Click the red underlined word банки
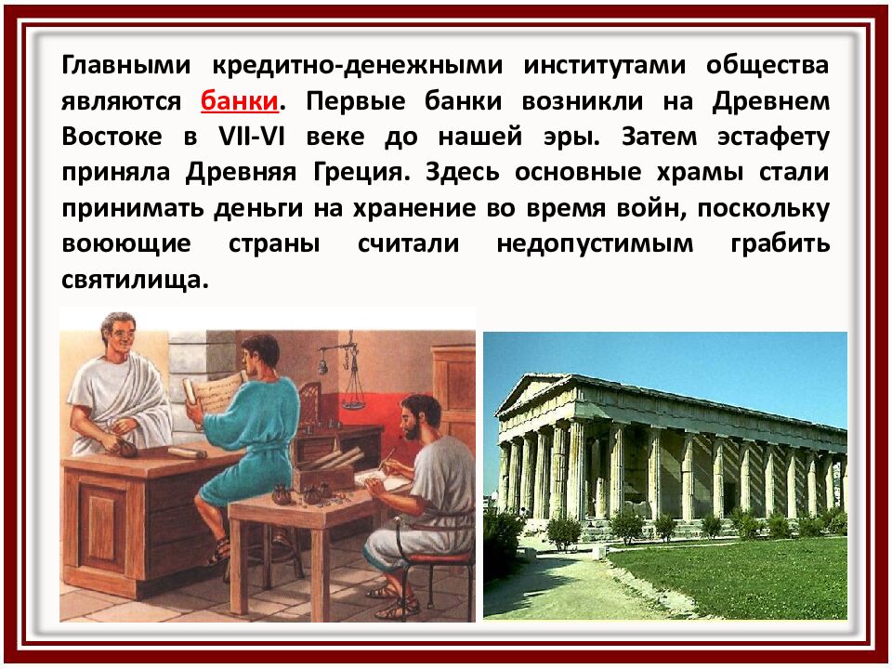coord(239,99)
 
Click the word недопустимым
coord(595,243)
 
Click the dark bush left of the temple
coord(503,544)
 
